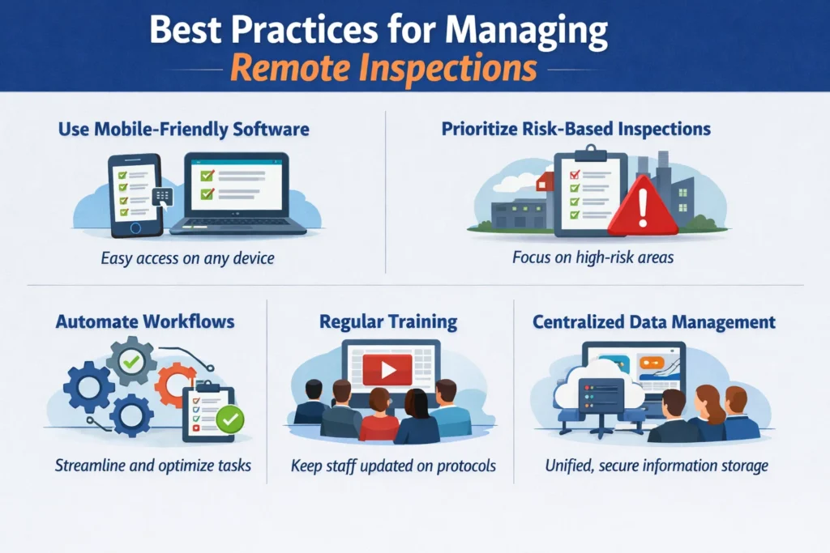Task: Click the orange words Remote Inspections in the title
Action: click(383, 69)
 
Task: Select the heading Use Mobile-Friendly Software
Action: click(184, 129)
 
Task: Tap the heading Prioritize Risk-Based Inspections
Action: click(576, 129)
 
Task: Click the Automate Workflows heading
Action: click(145, 321)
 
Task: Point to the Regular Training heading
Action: click(388, 321)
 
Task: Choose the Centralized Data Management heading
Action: click(654, 322)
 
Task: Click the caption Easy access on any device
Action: click(187, 259)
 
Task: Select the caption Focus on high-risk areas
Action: click(580, 259)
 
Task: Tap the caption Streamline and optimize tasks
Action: click(153, 466)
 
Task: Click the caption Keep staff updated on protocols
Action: click(393, 466)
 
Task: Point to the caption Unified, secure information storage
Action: click(655, 466)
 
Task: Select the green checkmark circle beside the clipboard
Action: click(229, 419)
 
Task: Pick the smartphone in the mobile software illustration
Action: click(135, 194)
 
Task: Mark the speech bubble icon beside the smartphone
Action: click(163, 197)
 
